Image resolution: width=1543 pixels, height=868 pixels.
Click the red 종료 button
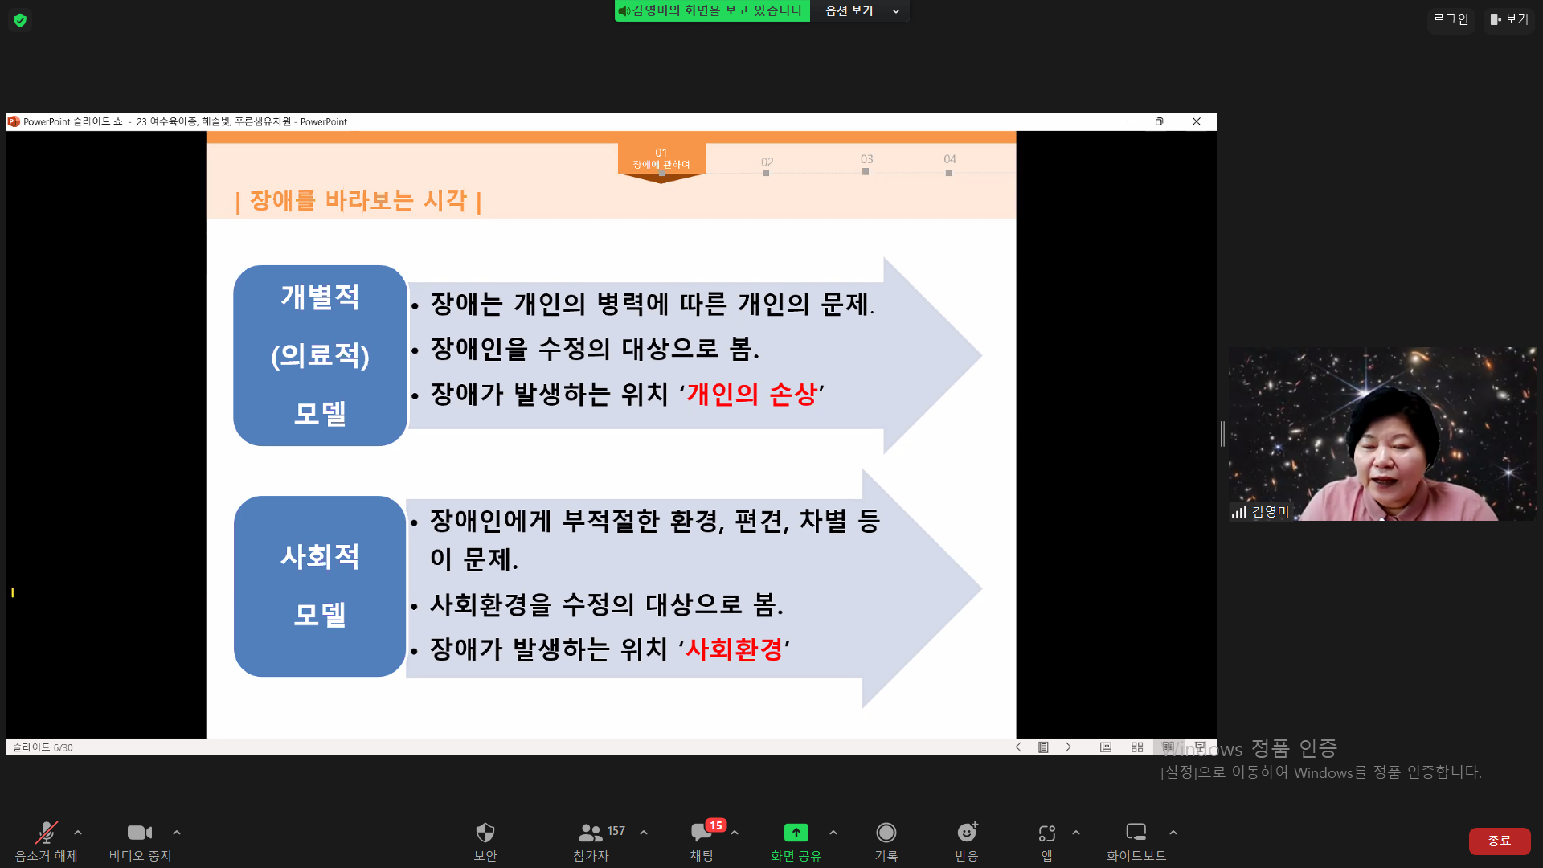tap(1499, 841)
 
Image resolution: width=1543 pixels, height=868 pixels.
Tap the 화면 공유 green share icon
tap(796, 833)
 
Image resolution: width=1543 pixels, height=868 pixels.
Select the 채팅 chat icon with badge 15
tap(702, 833)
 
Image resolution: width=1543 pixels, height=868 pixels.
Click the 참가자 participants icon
tap(591, 833)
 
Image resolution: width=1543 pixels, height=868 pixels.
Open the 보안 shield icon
tap(485, 833)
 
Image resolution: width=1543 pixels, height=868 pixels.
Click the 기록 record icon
tap(886, 833)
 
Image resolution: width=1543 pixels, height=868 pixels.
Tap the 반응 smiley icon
tap(967, 832)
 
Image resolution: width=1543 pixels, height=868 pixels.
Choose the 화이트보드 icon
tap(1136, 832)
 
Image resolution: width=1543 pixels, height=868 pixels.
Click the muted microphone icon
tap(47, 833)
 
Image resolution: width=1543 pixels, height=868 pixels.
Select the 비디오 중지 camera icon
tap(140, 833)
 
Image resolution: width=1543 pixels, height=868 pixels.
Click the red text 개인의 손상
tap(751, 394)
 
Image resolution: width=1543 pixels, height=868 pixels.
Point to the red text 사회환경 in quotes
tap(734, 649)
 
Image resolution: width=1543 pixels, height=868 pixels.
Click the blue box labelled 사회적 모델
tap(320, 586)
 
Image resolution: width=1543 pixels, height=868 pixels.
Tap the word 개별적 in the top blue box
tap(320, 297)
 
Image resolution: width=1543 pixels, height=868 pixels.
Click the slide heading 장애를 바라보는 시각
tap(358, 200)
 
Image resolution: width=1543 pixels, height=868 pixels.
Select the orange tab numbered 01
tap(661, 158)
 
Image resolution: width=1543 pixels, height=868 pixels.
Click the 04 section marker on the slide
tap(950, 159)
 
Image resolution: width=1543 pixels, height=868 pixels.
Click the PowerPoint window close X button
tap(1197, 121)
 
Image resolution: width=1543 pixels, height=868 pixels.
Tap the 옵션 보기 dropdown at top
tap(860, 11)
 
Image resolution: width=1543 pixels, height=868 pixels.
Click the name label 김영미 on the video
tap(1271, 512)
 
